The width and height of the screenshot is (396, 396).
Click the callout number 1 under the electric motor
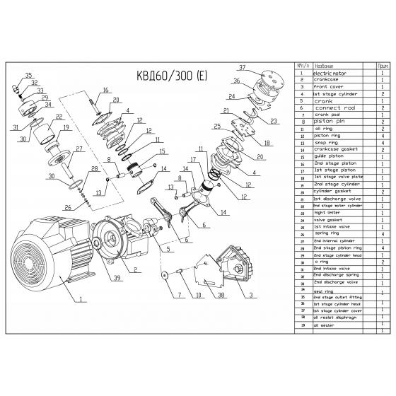click(x=81, y=299)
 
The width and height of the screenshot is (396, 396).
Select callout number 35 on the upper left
click(x=28, y=75)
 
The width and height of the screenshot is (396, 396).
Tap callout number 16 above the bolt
click(x=105, y=90)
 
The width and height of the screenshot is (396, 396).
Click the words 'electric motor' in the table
click(x=331, y=73)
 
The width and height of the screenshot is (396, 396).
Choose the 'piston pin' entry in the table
click(x=330, y=122)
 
